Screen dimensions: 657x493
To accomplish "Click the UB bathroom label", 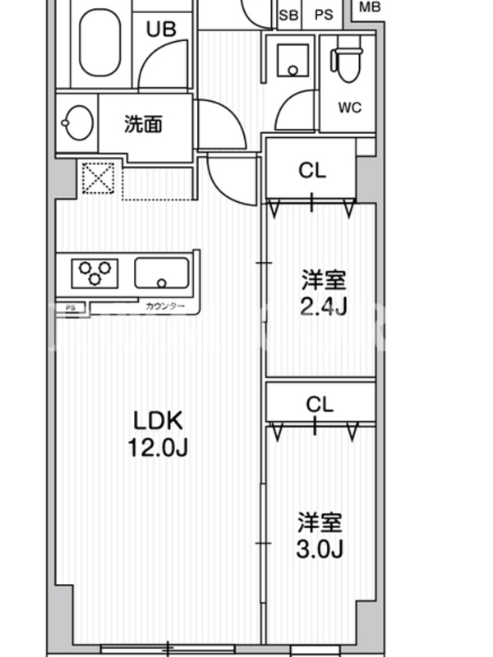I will [161, 30].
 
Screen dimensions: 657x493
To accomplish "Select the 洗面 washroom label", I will [143, 124].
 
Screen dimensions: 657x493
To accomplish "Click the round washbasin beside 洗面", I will [76, 123].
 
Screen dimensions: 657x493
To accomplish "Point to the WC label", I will [350, 108].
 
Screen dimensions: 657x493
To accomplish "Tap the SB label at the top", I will [288, 14].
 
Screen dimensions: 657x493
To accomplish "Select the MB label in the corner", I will [371, 7].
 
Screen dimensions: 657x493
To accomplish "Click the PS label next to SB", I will [324, 14].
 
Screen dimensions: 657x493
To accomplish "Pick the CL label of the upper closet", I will [312, 171].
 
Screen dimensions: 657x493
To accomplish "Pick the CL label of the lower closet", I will [320, 404].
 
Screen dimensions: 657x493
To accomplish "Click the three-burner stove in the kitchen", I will [94, 273].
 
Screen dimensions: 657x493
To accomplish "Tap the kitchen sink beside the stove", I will [162, 273].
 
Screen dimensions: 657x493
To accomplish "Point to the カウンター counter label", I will [164, 307].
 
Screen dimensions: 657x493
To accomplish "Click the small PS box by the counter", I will [71, 308].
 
